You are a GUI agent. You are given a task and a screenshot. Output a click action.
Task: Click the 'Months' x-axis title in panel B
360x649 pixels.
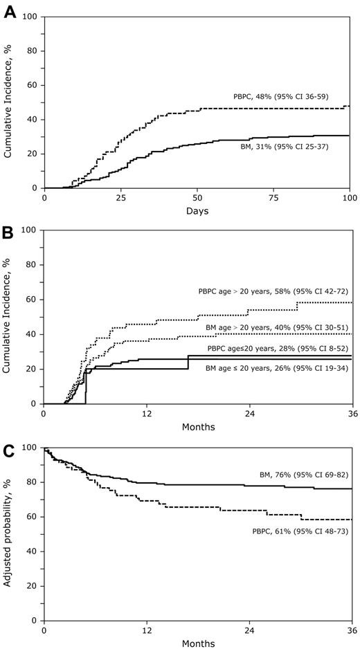(198, 426)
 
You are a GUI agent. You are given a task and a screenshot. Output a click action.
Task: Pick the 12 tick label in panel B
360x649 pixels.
(147, 413)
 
